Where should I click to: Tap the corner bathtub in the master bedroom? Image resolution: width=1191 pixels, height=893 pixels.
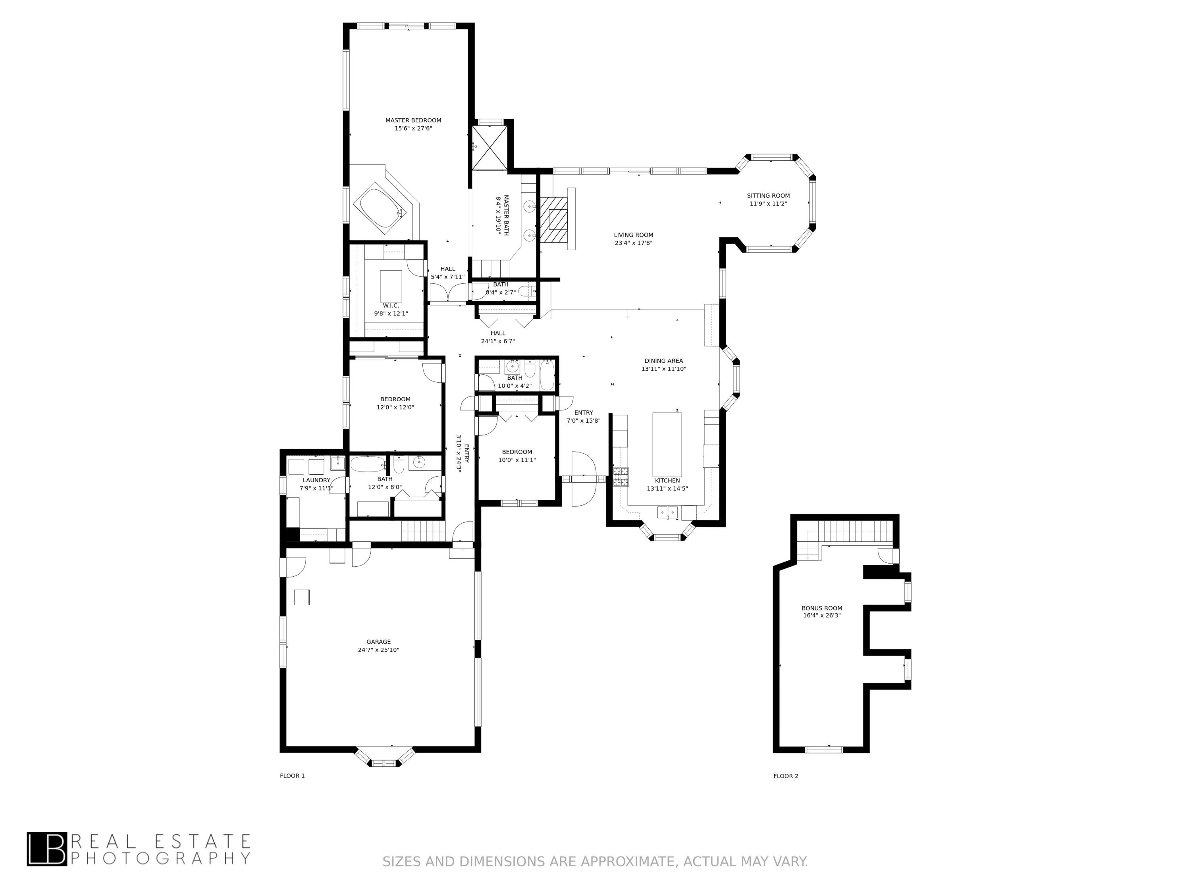tap(378, 207)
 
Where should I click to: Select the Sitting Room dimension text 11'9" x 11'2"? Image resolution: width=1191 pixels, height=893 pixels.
tap(768, 204)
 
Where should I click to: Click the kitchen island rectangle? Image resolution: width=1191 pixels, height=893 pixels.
tap(667, 445)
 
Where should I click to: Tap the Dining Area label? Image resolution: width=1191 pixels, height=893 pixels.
tap(663, 361)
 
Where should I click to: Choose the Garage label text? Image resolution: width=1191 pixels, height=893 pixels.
tap(378, 642)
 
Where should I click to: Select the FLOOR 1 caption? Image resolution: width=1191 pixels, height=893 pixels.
tap(292, 776)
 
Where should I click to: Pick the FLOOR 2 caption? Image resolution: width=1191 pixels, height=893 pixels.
tap(786, 776)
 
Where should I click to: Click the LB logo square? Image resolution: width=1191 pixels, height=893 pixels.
tap(47, 849)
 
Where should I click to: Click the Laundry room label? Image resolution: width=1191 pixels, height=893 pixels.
tap(316, 480)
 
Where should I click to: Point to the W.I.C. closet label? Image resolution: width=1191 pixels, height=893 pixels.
tap(391, 306)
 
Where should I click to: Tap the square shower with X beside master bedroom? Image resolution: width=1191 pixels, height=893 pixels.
tap(490, 148)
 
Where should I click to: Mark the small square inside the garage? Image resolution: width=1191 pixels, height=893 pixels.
tap(301, 597)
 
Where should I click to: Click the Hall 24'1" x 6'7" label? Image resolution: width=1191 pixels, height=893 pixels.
tap(497, 337)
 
